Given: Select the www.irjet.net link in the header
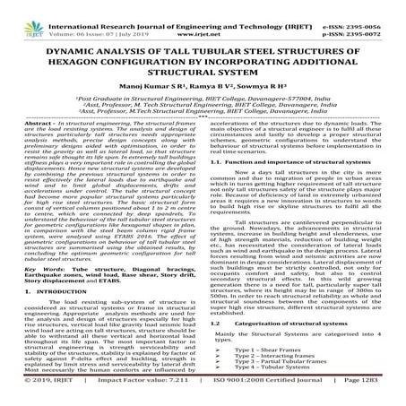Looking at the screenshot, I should [x=203, y=17].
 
